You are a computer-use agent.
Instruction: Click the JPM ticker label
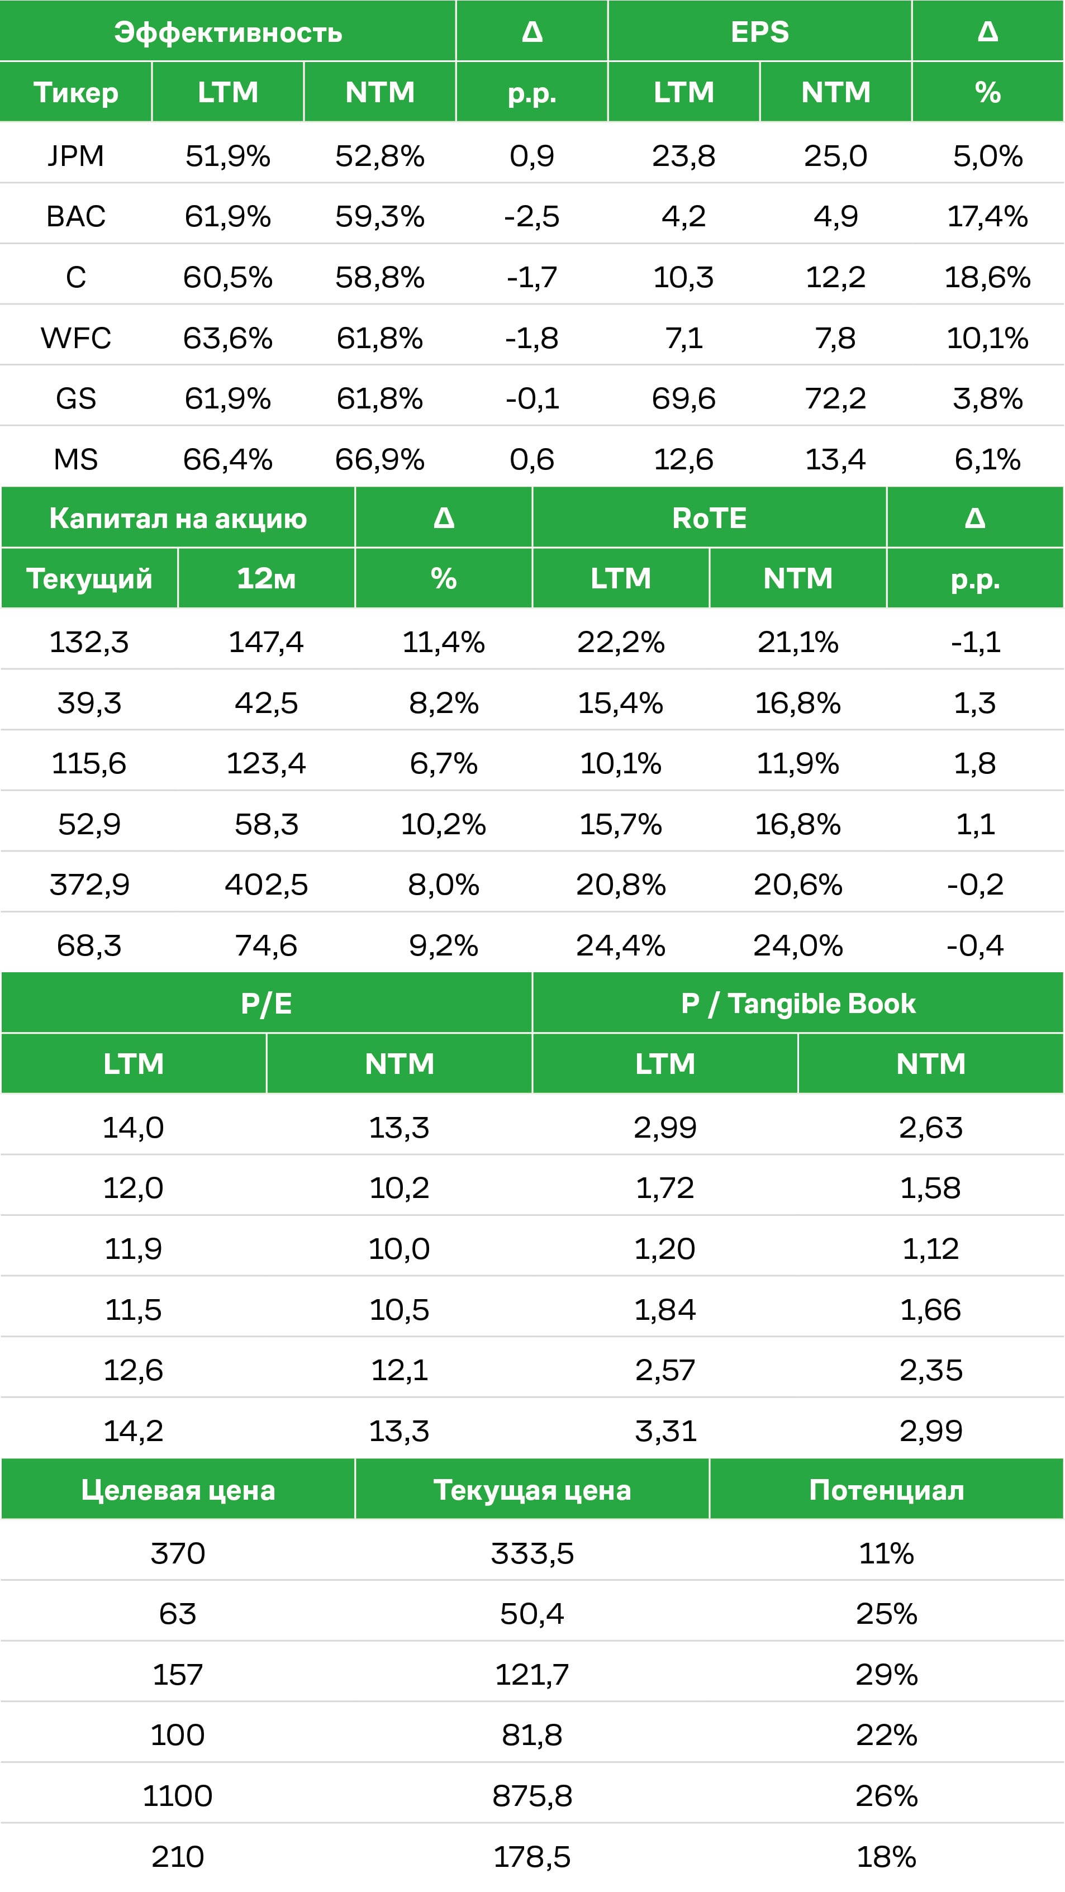(75, 156)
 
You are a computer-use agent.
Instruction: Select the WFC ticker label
(75, 338)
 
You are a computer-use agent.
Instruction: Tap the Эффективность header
(227, 32)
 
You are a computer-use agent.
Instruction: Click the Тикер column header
(75, 93)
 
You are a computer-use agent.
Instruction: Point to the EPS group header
(759, 32)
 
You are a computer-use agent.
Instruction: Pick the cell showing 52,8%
(380, 156)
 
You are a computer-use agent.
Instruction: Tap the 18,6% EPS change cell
(987, 278)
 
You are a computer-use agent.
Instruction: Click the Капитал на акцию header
(178, 519)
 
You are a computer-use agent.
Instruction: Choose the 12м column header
(266, 579)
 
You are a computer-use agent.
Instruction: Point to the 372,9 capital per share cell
(89, 885)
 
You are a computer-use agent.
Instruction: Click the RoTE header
(710, 518)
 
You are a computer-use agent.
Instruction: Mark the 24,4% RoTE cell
(621, 945)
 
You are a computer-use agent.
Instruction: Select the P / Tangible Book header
(798, 1004)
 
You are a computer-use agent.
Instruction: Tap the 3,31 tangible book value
(665, 1431)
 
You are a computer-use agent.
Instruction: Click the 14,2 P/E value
(133, 1431)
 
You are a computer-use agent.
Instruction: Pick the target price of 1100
(178, 1796)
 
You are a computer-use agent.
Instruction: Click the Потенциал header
(887, 1490)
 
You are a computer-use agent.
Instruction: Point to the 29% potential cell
(887, 1675)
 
